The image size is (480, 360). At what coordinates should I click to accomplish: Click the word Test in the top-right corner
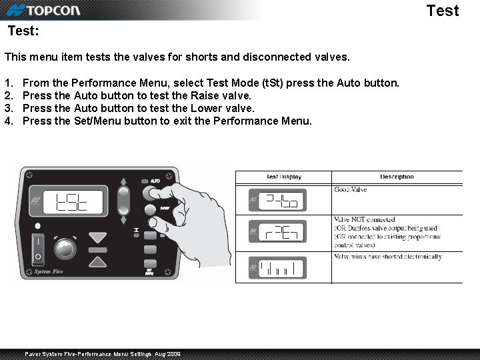(x=442, y=11)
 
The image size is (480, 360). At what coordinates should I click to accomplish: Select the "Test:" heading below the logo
(x=23, y=31)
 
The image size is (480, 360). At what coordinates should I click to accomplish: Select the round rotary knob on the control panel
(x=65, y=248)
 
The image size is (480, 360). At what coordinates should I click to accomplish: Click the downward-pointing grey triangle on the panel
(x=98, y=237)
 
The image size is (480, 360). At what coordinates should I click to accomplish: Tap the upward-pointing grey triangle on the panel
(x=98, y=262)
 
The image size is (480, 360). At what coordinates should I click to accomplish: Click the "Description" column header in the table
(x=397, y=177)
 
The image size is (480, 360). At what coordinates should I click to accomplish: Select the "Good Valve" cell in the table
(x=350, y=190)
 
